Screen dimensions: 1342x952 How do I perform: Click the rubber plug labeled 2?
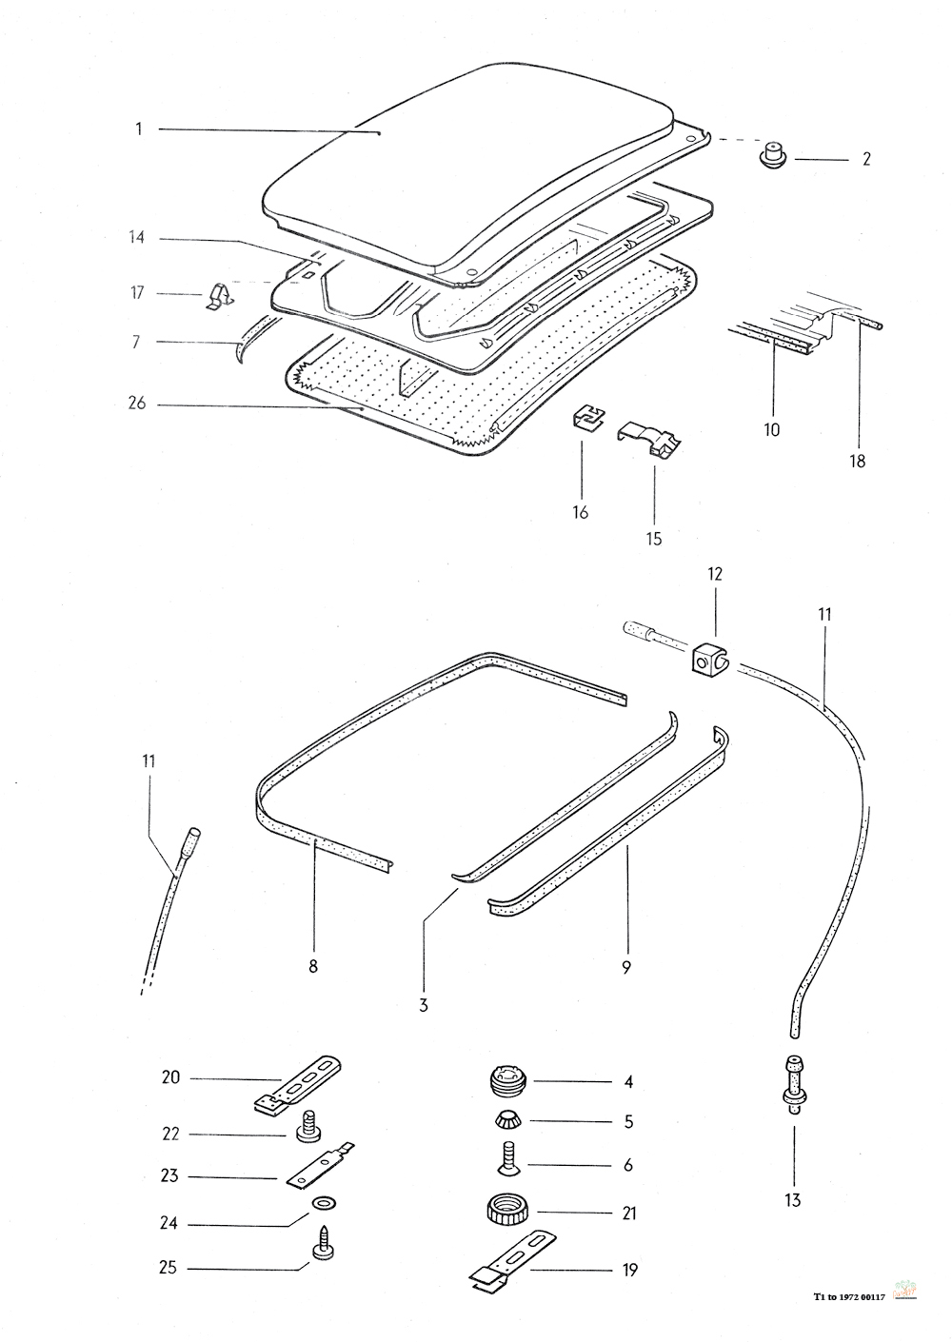775,155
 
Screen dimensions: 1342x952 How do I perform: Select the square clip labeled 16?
586,417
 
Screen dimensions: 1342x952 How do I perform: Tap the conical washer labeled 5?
506,1119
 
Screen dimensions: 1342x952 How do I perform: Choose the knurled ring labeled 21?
504,1212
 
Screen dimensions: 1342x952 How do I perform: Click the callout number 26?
137,404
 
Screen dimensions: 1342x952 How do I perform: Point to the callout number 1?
138,128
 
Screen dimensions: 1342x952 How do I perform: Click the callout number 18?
858,461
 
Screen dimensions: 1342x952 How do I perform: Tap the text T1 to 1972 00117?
849,1296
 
